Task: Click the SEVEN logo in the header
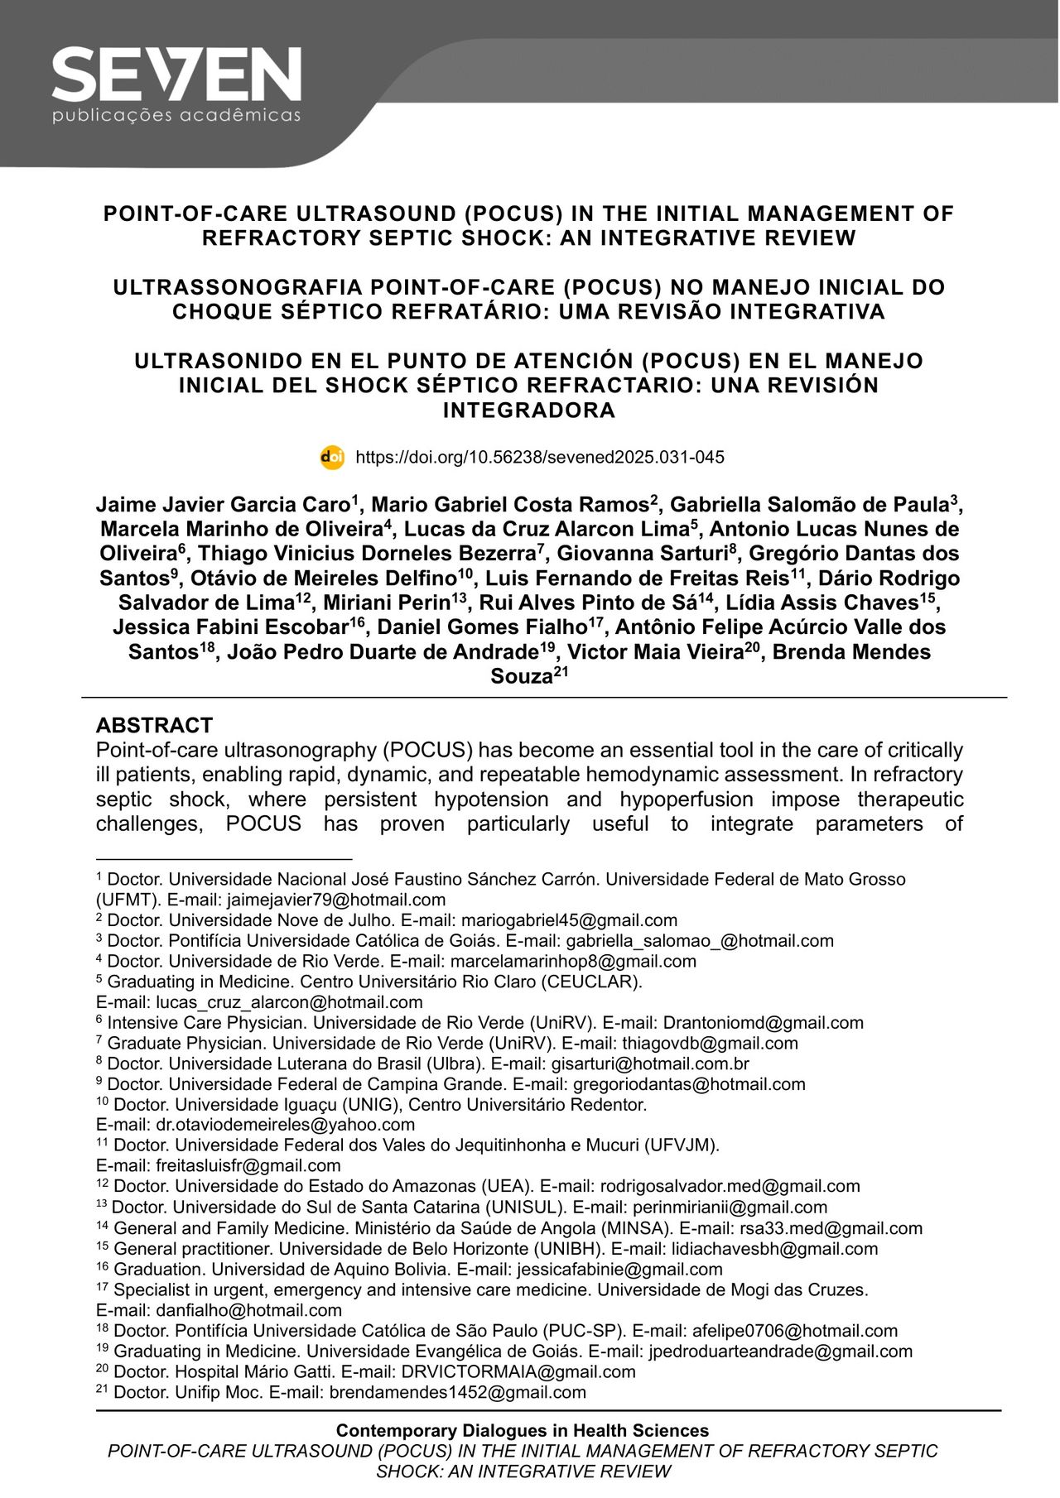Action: point(176,74)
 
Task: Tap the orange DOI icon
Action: point(332,458)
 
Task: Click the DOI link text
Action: point(539,458)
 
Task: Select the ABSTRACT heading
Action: point(154,725)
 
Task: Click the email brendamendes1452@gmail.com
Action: point(458,1392)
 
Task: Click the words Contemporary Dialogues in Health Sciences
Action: point(523,1431)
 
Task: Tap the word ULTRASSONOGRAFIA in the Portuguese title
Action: point(236,287)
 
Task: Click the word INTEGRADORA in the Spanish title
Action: point(529,411)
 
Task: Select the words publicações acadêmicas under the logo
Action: point(176,116)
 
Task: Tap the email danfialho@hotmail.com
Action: point(248,1310)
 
